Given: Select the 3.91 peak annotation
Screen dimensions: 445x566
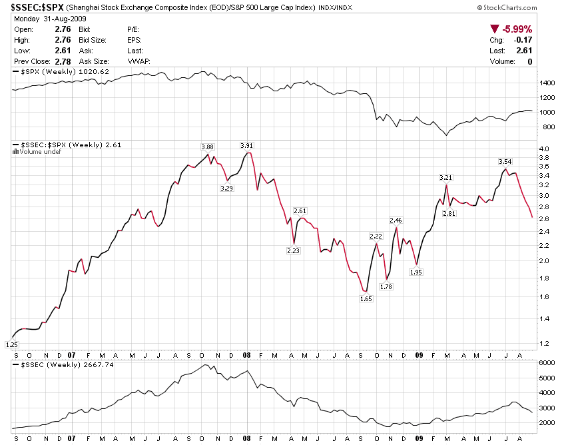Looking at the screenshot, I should click(x=247, y=145).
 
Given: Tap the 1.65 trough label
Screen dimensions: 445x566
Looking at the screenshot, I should click(x=366, y=299).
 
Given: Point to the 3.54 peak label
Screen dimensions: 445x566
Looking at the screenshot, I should click(x=505, y=161).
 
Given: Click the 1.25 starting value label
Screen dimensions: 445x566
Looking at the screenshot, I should click(x=11, y=344).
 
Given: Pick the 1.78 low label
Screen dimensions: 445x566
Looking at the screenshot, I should click(x=386, y=286).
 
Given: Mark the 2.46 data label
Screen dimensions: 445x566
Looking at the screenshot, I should click(x=396, y=220).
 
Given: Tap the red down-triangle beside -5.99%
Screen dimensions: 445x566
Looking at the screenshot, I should click(x=494, y=29).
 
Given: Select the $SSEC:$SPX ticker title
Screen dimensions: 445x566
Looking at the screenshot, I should click(x=37, y=7).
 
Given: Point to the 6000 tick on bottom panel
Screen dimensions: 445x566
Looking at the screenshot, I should click(x=547, y=363).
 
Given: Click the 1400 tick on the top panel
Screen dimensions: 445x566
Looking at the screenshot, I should click(x=547, y=83).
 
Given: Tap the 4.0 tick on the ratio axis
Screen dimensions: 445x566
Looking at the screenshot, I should click(x=544, y=149).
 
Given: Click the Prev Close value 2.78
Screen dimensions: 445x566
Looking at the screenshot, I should click(x=62, y=61).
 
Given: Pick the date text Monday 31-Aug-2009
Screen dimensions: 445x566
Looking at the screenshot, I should click(x=43, y=20).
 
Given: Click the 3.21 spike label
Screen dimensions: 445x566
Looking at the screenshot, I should click(x=445, y=177).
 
